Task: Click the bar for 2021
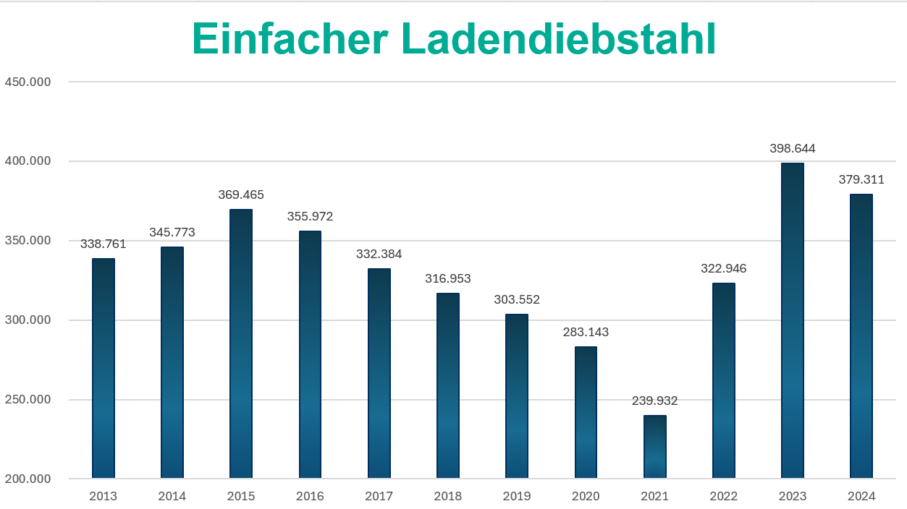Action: (x=654, y=447)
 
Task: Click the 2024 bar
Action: (x=861, y=336)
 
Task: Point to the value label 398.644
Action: (x=792, y=149)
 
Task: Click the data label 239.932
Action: (x=654, y=401)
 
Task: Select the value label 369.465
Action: (x=241, y=194)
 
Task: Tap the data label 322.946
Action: (x=723, y=268)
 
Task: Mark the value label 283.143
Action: (x=586, y=333)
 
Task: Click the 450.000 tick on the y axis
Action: (x=28, y=82)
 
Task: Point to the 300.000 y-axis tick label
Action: (x=28, y=320)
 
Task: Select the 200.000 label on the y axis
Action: (x=28, y=479)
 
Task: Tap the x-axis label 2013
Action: (x=103, y=496)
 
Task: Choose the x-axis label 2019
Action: (x=517, y=496)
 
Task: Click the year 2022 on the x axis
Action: (x=723, y=496)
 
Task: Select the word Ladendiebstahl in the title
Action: (x=558, y=39)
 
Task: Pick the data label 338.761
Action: (x=103, y=244)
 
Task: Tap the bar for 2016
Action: (x=310, y=354)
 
